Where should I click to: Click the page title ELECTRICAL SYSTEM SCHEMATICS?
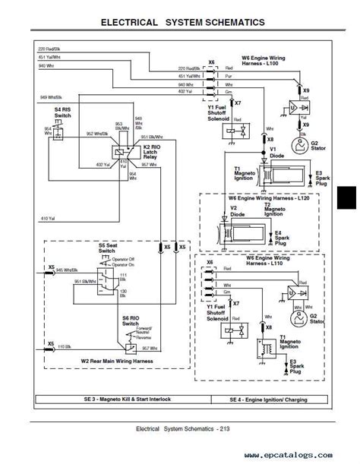[183, 22]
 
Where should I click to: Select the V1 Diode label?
[267, 153]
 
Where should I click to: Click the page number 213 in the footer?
[224, 430]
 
